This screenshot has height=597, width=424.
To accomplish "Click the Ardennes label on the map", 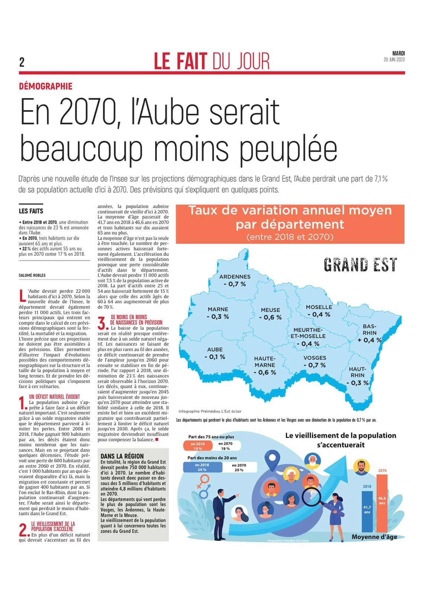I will [x=235, y=277].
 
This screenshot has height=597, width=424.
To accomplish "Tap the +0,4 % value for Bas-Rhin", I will [x=369, y=340].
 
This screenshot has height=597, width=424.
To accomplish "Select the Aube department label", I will [x=215, y=349].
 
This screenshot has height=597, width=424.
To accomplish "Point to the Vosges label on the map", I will [x=315, y=358].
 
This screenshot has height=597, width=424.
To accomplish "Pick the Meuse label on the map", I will [x=270, y=310].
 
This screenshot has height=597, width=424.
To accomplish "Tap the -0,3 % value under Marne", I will [x=218, y=317].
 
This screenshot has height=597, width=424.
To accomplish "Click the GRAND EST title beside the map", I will [x=360, y=265].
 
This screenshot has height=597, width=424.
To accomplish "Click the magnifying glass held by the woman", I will [x=310, y=496].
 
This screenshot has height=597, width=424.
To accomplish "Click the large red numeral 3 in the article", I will [x=102, y=323].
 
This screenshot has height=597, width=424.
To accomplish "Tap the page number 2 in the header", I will [x=22, y=62].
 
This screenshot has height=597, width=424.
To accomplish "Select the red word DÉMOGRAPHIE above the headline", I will [x=46, y=87].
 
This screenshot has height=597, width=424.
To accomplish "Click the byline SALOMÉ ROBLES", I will [x=32, y=275].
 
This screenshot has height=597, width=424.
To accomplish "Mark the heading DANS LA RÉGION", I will [x=122, y=456].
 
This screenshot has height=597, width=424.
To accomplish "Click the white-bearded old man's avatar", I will [x=312, y=462].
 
